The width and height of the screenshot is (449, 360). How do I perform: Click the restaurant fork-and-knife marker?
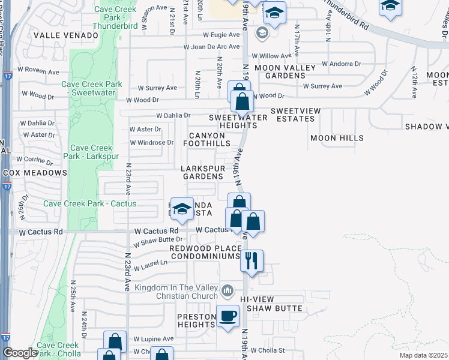tap(252, 261)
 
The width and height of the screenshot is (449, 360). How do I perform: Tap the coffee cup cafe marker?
tap(228, 316)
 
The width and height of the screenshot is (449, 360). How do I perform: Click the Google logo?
tap(20, 353)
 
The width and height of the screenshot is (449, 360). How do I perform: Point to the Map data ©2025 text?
tap(423, 355)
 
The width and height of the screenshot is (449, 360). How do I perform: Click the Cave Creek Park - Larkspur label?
tap(91, 152)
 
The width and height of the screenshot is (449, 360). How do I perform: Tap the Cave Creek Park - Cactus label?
tap(89, 204)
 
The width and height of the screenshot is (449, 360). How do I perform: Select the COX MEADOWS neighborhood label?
tap(34, 173)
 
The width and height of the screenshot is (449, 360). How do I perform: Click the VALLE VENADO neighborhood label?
tap(65, 35)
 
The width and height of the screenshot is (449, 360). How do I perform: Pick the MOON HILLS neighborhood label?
tap(337, 138)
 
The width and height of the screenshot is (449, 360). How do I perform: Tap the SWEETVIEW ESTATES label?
tap(292, 115)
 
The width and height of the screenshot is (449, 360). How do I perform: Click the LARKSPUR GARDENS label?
tap(203, 172)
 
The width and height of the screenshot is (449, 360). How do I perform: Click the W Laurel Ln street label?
tap(150, 264)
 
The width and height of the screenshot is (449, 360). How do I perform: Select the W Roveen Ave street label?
tap(40, 72)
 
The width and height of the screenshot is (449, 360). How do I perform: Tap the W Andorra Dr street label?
tap(341, 63)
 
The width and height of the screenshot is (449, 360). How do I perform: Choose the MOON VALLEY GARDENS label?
tap(285, 71)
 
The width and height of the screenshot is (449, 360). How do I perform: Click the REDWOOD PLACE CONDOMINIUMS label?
tap(205, 252)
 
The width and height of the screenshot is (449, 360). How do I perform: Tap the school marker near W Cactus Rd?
tap(182, 208)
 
